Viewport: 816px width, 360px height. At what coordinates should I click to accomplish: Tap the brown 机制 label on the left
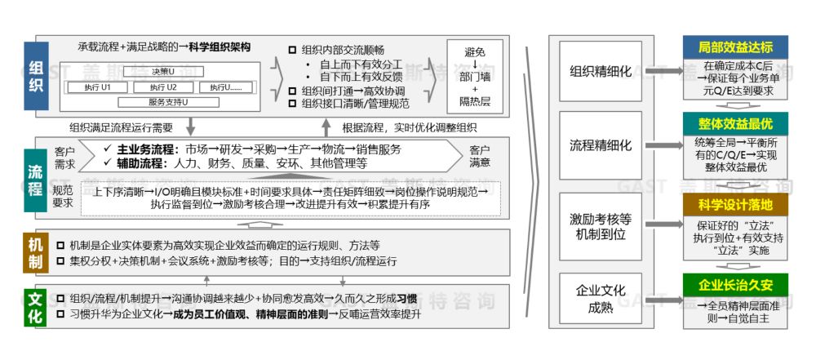click(x=35, y=252)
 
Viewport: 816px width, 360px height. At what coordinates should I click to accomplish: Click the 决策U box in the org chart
click(x=163, y=72)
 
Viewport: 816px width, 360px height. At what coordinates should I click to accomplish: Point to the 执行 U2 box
click(x=163, y=87)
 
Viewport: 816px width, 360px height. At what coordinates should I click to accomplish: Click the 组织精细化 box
click(x=601, y=71)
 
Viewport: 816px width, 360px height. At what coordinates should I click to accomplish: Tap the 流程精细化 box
click(x=601, y=145)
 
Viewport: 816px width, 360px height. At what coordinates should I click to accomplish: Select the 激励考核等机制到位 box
click(x=601, y=226)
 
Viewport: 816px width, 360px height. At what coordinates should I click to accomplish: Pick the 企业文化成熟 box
click(x=601, y=298)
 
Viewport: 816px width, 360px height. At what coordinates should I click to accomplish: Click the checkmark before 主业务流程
click(x=109, y=149)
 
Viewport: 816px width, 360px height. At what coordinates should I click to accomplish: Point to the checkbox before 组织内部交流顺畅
click(x=292, y=50)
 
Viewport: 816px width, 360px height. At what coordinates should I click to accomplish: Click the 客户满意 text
click(x=480, y=156)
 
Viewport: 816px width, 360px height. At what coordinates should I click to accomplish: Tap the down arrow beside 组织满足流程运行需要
click(x=190, y=127)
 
